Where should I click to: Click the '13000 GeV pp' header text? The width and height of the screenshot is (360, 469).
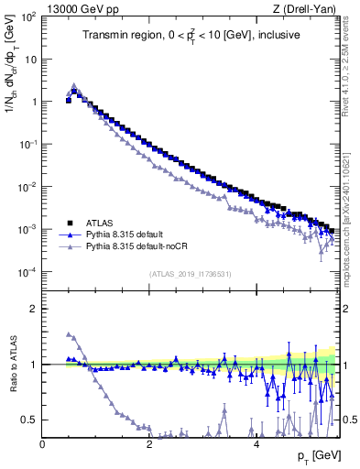(x=80, y=8)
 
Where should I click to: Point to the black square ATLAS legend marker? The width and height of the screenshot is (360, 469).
(x=69, y=223)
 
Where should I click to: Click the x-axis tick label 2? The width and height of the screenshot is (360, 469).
(x=149, y=444)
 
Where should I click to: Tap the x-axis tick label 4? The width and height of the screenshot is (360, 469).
(x=256, y=444)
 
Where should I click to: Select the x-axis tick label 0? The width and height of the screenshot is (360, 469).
(x=43, y=444)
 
